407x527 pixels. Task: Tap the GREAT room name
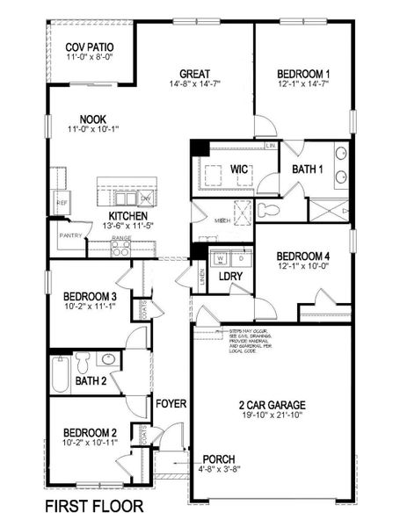pyautogui.click(x=193, y=73)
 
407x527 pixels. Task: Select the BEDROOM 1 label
pyautogui.click(x=302, y=73)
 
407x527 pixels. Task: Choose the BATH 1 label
pyautogui.click(x=309, y=168)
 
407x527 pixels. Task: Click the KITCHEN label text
pyautogui.click(x=128, y=215)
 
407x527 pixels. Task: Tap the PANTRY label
pyautogui.click(x=70, y=235)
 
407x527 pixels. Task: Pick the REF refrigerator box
pyautogui.click(x=62, y=202)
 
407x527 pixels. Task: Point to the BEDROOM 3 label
pyautogui.click(x=91, y=297)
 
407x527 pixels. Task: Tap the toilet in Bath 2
pyautogui.click(x=84, y=361)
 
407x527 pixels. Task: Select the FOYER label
pyautogui.click(x=171, y=404)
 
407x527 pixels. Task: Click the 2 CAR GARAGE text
pyautogui.click(x=272, y=405)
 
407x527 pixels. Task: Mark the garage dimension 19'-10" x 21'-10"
pyautogui.click(x=272, y=416)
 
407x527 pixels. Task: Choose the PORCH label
pyautogui.click(x=218, y=459)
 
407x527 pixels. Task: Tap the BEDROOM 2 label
pyautogui.click(x=89, y=432)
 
